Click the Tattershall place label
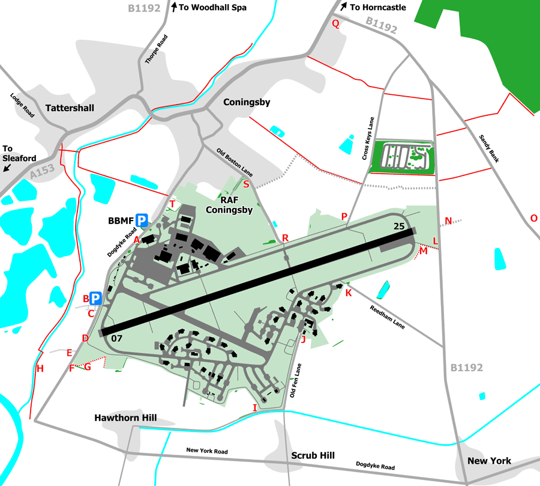point(70,108)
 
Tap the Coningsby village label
point(247,102)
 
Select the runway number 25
point(400,226)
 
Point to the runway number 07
point(116,338)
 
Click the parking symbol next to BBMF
point(142,220)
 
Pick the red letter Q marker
point(336,24)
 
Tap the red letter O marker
point(533,217)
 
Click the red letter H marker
point(40,368)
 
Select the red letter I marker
point(254,408)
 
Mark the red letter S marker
point(246,184)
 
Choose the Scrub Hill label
point(313,455)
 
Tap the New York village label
point(489,461)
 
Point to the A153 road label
point(41,171)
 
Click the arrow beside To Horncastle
point(343,7)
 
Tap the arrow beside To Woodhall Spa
point(175,7)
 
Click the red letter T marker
point(172,204)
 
